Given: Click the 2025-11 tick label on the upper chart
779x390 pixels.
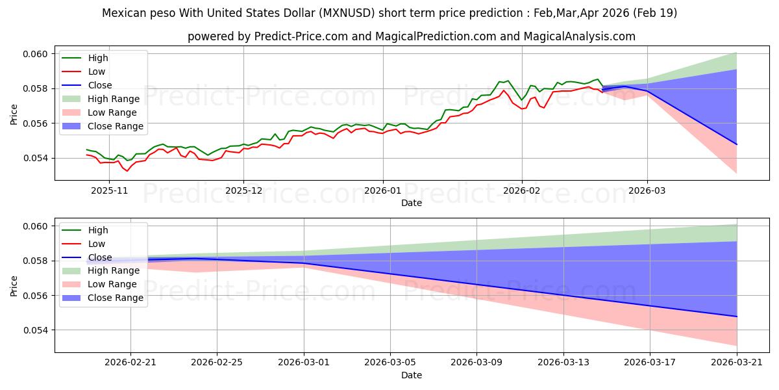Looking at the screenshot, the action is coord(109,191).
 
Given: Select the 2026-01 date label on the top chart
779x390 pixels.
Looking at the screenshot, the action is coord(382,191).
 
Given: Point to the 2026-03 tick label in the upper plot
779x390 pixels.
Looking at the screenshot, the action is coord(647,191).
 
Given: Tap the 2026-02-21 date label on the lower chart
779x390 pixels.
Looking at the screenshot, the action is coord(130,363).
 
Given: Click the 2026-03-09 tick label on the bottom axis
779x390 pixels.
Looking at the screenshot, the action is coord(476,363).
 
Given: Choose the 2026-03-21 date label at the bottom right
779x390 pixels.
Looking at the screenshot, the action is coord(737,363).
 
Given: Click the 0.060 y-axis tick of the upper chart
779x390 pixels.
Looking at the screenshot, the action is coord(35,54).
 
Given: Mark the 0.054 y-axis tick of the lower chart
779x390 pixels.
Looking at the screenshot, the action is coord(35,330).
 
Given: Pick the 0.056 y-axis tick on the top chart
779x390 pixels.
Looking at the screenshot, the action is coord(35,123).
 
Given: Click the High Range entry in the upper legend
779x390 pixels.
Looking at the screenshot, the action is coord(101,99).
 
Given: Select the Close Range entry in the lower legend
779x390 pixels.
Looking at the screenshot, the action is coord(103,298).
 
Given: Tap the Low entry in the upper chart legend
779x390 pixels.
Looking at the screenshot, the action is coord(84,71).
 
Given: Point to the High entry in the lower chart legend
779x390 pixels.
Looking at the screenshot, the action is coord(85,230).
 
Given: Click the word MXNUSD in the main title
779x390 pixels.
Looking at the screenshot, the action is coord(347,13).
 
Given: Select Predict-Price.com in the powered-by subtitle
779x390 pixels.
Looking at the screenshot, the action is coord(301,36).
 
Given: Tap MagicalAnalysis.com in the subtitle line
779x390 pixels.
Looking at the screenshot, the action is coord(579,36).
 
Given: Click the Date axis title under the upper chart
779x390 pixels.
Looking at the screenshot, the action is coord(412,203).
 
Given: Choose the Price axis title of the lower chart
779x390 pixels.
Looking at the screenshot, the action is coord(14,286).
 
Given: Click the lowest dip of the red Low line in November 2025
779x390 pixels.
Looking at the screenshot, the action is coord(127,171).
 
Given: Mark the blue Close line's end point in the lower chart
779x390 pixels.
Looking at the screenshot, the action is coord(736,317).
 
